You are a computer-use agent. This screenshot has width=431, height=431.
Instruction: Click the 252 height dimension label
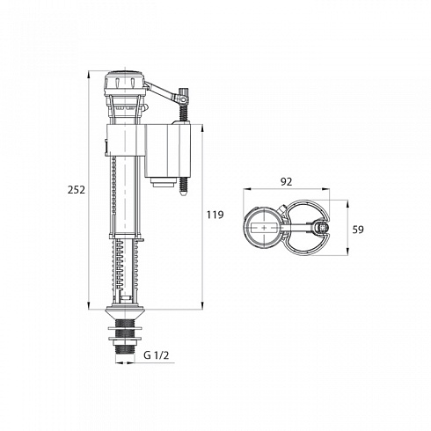tap(77, 190)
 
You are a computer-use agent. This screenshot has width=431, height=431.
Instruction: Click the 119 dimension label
tap(215, 215)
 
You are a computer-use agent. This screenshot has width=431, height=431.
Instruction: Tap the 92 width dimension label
tap(287, 182)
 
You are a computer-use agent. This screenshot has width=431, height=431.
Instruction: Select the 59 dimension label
tap(358, 230)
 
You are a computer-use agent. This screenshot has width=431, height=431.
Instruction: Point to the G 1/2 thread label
tap(157, 355)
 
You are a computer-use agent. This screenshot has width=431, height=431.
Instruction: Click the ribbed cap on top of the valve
tap(125, 81)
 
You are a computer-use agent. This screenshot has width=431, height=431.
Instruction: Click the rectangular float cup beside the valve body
tap(167, 150)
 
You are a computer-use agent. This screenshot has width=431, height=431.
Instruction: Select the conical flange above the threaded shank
tap(125, 312)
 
